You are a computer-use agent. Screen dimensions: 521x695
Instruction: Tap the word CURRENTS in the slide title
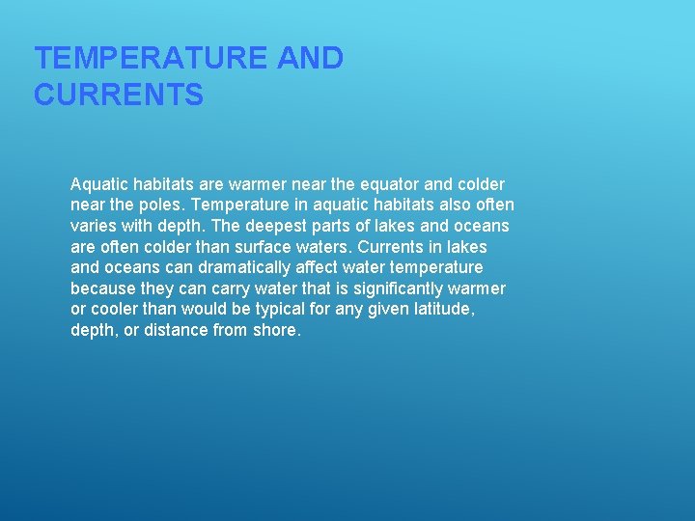(x=119, y=96)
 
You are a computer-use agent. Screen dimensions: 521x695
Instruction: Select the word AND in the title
(x=310, y=59)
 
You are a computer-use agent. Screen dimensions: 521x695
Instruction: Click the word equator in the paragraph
(x=386, y=183)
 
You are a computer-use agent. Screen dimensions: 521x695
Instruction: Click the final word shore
(x=278, y=330)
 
